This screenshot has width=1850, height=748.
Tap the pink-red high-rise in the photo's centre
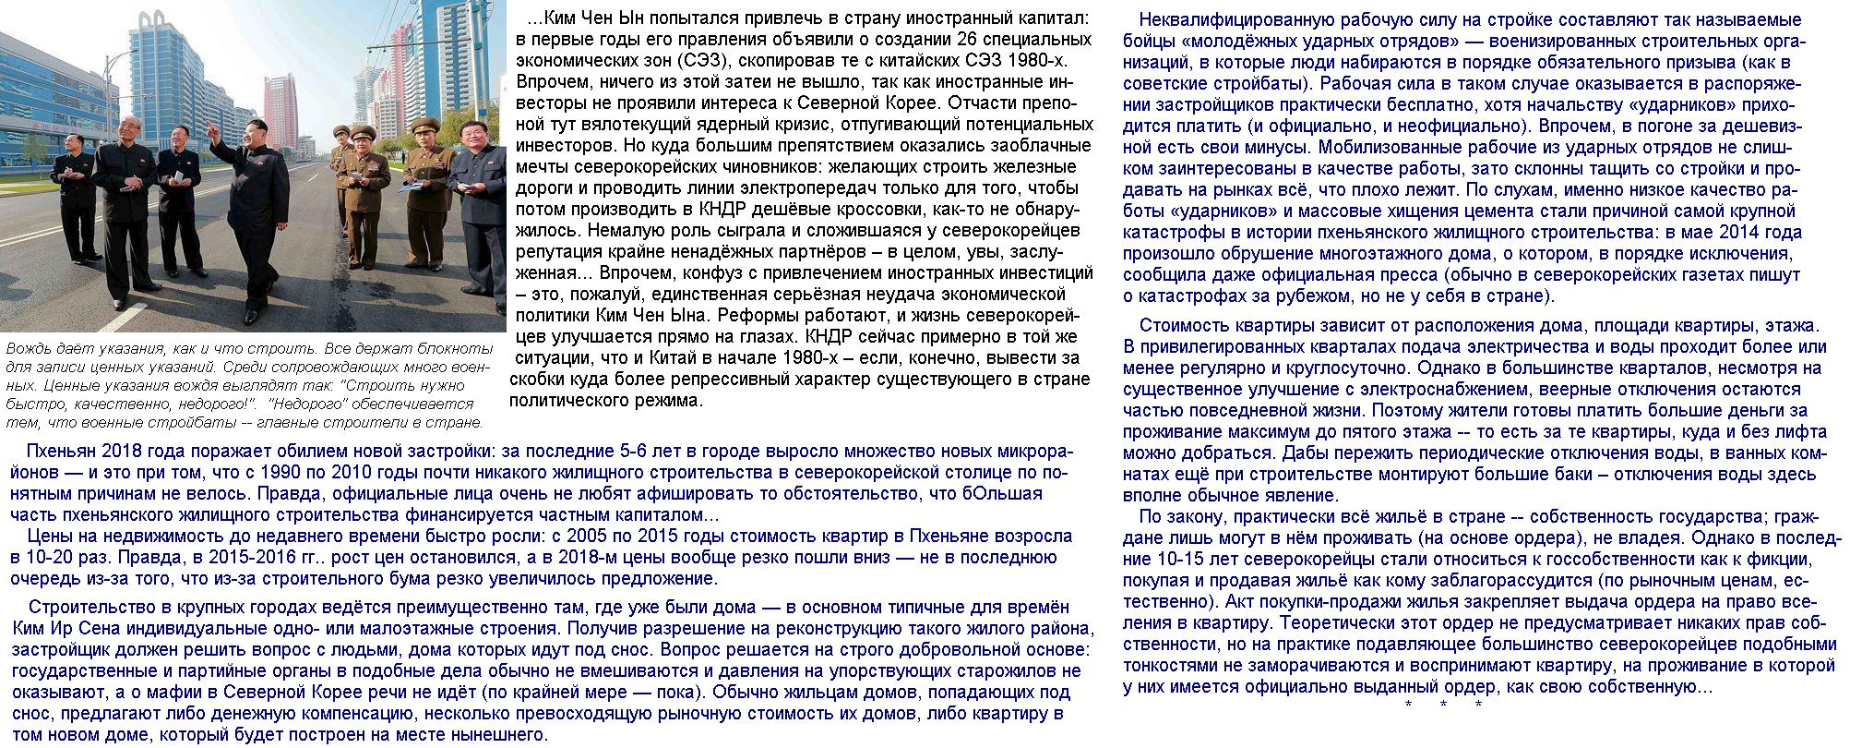[x=280, y=111]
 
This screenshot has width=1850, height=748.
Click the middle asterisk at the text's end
[x=1443, y=706]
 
